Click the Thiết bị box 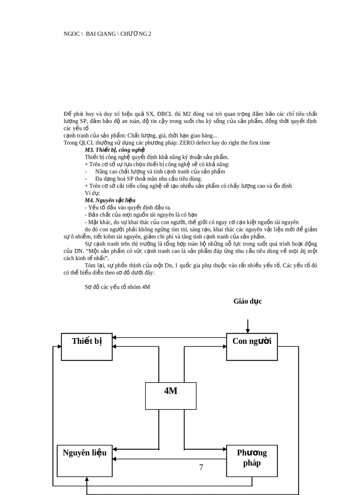[86, 347]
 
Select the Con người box [252, 347]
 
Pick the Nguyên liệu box [84, 460]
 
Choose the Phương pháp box [252, 460]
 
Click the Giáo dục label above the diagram [248, 301]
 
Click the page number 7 [201, 467]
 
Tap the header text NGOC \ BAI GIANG [107, 33]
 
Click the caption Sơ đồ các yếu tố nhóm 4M [117, 287]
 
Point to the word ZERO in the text [187, 143]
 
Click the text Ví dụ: [92, 193]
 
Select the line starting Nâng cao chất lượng [160, 171]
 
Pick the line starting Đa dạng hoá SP [149, 179]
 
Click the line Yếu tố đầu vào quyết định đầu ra [128, 207]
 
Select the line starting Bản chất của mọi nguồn [141, 215]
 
